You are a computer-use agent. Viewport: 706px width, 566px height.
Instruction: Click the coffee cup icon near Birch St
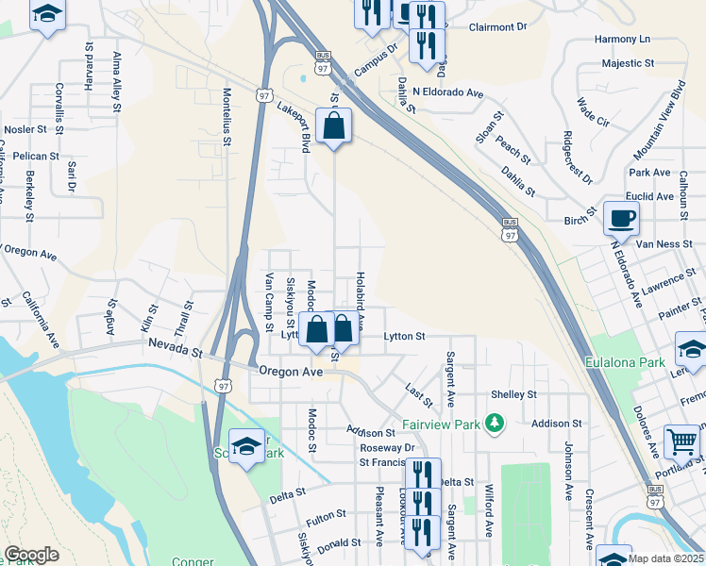tap(620, 218)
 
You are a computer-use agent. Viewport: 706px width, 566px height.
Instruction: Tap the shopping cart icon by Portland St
tap(681, 440)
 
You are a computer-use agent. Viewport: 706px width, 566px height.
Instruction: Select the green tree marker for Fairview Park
tap(491, 422)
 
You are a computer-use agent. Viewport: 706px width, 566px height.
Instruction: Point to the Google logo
tap(31, 554)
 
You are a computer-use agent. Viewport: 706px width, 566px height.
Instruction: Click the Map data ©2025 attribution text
tap(665, 558)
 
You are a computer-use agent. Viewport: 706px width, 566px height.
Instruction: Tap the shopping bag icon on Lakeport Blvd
tap(333, 125)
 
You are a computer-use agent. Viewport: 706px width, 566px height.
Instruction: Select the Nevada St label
tap(175, 351)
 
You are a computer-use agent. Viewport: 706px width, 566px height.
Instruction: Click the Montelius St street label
tap(227, 117)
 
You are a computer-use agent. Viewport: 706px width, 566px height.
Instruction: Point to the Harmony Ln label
tap(623, 40)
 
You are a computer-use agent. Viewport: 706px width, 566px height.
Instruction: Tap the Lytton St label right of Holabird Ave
tap(405, 336)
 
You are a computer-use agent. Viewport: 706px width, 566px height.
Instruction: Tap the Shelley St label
tap(513, 394)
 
